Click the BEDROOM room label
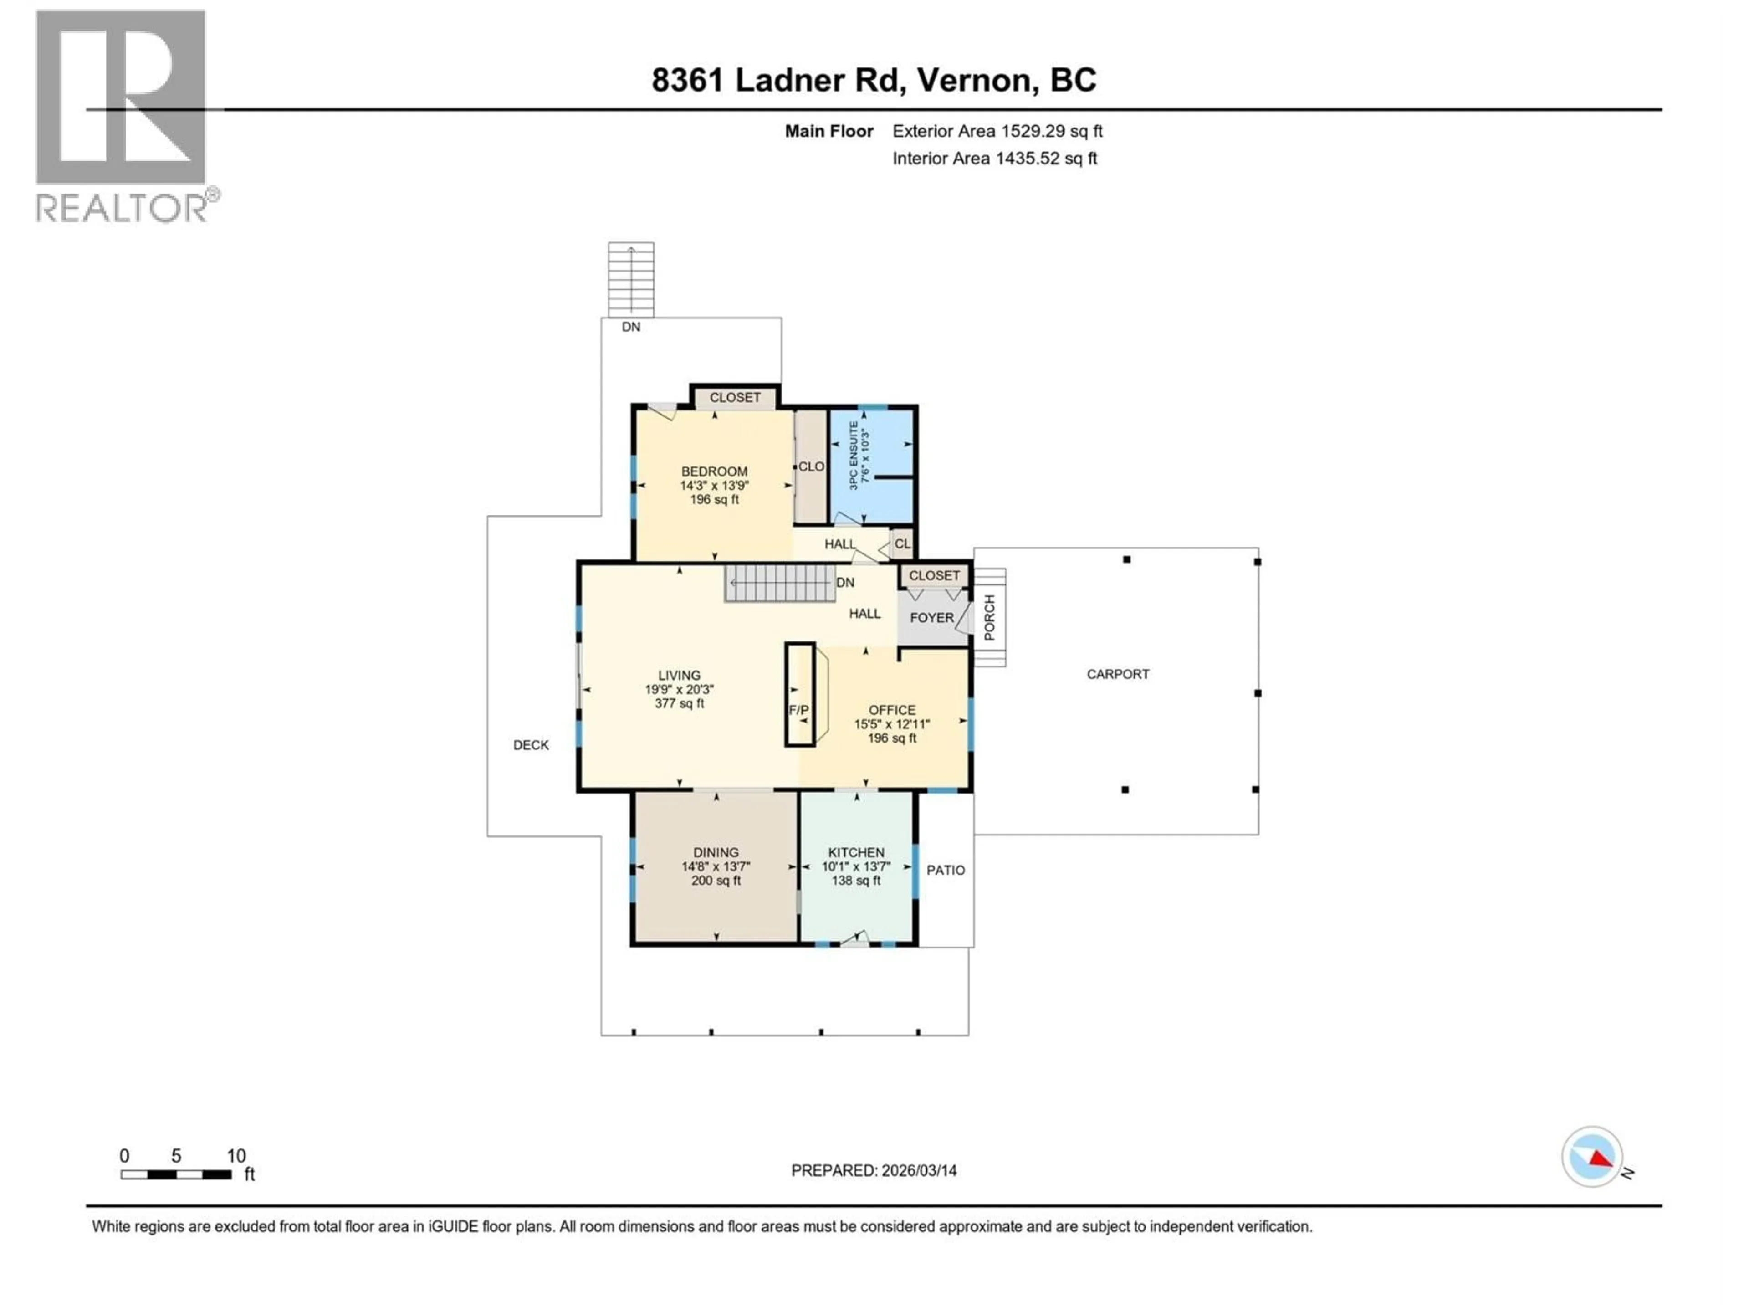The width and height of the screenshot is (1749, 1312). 714,471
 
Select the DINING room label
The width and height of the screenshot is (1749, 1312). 716,852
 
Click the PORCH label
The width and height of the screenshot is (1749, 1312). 989,618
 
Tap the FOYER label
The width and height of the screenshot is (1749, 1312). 931,618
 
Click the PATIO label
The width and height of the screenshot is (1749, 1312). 946,870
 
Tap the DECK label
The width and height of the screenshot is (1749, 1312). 531,745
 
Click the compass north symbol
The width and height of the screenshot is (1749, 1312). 1592,1157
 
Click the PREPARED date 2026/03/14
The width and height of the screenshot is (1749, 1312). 874,1170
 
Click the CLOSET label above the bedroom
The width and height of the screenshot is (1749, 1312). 735,398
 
